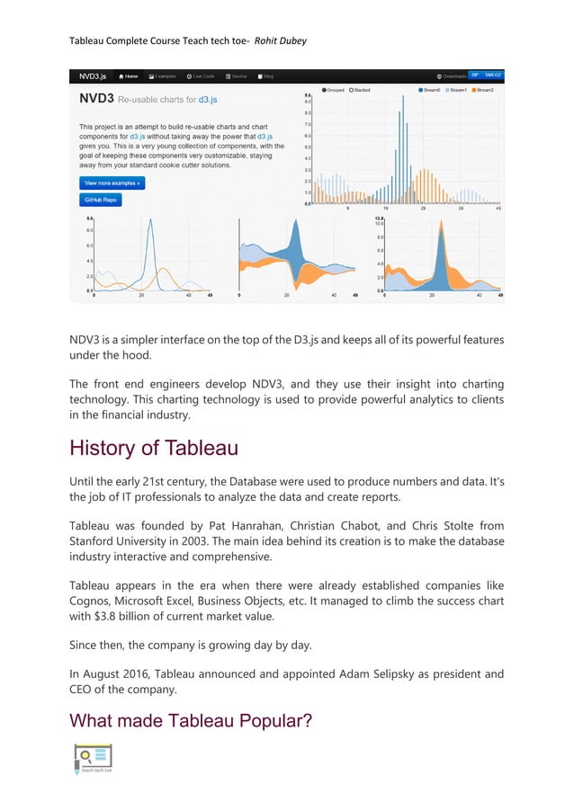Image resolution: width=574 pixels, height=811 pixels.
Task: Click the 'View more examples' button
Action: click(112, 183)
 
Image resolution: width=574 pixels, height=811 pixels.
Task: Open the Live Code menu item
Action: click(201, 76)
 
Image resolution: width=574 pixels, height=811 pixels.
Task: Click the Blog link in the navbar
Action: click(266, 76)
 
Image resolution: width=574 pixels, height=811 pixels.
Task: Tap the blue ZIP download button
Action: click(474, 76)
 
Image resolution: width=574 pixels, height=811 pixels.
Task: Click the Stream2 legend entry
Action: click(482, 91)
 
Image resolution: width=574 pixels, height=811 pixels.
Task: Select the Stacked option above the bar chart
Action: click(360, 91)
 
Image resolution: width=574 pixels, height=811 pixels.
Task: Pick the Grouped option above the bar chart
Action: click(332, 91)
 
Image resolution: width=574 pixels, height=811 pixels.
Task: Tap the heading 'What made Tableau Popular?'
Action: click(191, 721)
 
